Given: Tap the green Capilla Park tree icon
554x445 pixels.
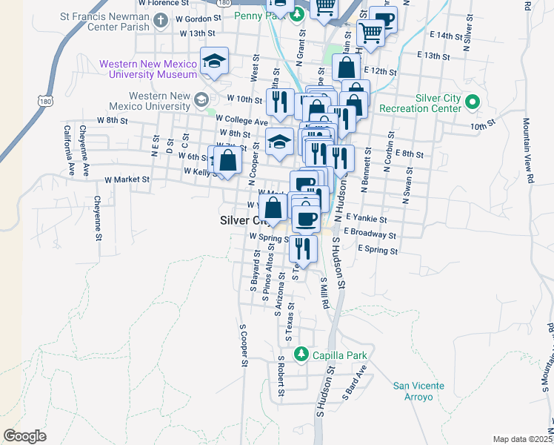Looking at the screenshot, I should point(300,352).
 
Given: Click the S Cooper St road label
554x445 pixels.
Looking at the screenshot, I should point(242,345).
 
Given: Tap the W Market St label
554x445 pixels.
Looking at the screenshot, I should point(127,179).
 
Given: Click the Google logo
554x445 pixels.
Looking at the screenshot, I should point(24,436).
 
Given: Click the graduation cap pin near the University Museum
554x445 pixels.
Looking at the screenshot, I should point(214,62).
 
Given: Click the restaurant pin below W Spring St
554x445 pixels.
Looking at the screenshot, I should point(303,247).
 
